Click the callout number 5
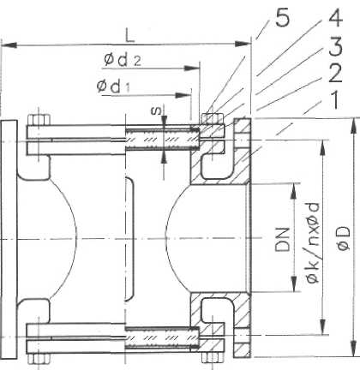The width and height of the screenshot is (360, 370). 283,19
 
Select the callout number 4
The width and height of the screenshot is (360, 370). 335,17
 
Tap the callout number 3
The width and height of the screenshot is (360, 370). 335,46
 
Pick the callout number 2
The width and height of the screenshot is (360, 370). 335,74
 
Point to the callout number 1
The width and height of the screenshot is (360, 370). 334,100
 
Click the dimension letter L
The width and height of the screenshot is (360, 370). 129,35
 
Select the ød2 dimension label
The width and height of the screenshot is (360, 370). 123,60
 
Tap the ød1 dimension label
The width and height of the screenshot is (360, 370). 113,86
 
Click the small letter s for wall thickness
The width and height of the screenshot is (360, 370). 156,110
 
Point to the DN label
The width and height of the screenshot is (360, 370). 282,239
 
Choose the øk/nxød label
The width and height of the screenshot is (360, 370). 312,242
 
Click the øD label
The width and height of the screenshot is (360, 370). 343,238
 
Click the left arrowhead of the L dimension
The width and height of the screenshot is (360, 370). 9,45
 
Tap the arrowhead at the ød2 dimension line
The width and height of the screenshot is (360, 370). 191,69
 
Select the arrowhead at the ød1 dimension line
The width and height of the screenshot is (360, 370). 183,95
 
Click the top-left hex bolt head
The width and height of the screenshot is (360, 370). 39,120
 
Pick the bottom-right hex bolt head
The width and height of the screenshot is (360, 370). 213,357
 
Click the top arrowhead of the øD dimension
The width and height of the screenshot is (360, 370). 354,126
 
